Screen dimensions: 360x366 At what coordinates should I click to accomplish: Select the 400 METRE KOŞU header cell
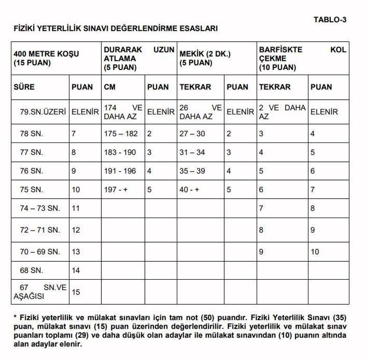(46, 58)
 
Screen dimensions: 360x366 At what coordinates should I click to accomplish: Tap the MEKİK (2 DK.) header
(204, 58)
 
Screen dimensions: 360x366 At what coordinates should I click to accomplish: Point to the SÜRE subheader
(24, 87)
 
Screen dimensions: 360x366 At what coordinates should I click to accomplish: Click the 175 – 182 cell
(121, 134)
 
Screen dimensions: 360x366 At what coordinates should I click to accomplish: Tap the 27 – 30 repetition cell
(193, 134)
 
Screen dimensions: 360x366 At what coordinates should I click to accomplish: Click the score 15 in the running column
(76, 292)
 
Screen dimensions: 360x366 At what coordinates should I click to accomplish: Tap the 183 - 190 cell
(120, 152)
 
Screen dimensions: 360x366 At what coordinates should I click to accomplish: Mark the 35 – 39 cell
(193, 171)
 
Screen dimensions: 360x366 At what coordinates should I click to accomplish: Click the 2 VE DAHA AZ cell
(282, 112)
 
